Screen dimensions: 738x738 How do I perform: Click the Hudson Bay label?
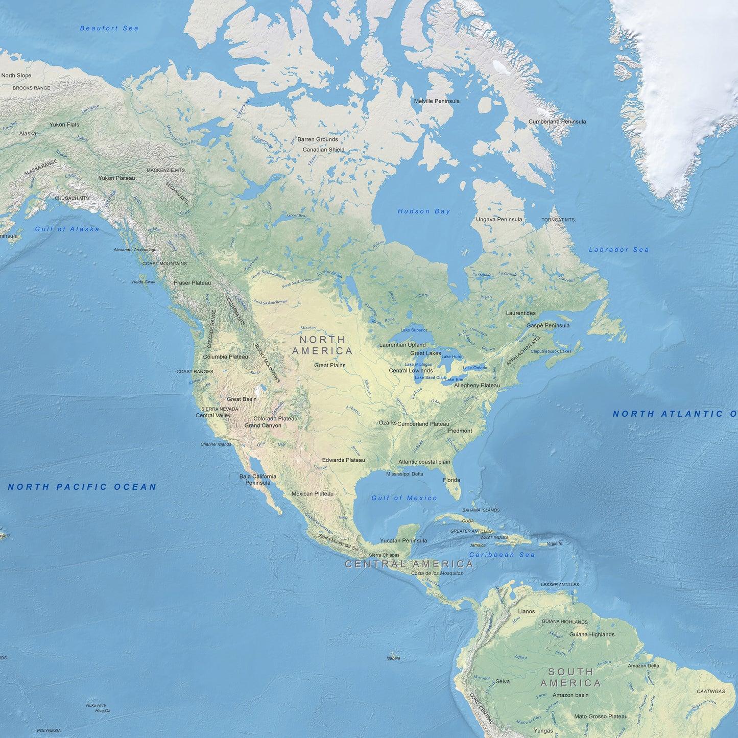click(x=424, y=211)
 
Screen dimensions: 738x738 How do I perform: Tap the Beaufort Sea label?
click(x=109, y=29)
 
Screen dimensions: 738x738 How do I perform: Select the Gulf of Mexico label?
click(x=404, y=498)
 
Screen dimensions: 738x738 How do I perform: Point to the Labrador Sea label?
click(x=618, y=250)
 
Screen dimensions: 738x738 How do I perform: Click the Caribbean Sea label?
click(x=502, y=555)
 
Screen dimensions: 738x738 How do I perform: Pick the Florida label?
click(x=451, y=480)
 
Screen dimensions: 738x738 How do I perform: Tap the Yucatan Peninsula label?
click(x=403, y=540)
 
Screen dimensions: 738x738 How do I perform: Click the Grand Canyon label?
click(x=263, y=425)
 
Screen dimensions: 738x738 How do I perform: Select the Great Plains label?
click(x=329, y=365)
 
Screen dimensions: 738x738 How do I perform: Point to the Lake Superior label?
click(x=414, y=330)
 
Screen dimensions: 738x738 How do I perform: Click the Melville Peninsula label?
click(x=437, y=101)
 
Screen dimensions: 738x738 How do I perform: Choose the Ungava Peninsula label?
click(x=499, y=220)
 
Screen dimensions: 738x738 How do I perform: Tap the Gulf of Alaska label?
click(x=67, y=229)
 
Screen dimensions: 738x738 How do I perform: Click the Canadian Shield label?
click(x=323, y=150)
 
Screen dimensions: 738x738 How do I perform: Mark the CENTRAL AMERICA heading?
click(x=409, y=564)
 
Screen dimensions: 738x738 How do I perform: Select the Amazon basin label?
click(x=570, y=695)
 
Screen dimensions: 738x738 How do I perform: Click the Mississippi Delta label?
click(x=404, y=474)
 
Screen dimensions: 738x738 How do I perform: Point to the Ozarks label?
click(x=388, y=423)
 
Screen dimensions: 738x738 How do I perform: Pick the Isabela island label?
click(x=393, y=658)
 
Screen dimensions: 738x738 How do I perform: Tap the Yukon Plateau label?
click(x=116, y=178)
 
